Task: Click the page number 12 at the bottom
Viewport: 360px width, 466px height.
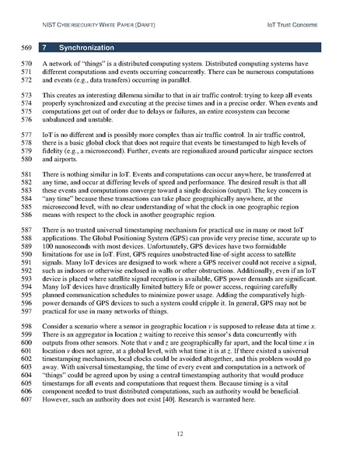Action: (179, 433)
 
